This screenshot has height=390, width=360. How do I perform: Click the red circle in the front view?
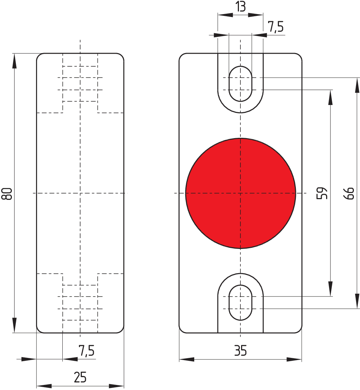pos(240,193)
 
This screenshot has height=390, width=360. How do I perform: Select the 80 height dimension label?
pos(7,193)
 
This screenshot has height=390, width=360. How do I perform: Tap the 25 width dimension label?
pos(80,377)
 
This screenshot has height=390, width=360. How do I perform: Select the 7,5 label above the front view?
pos(276,27)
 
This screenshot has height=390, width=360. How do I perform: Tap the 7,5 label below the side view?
pos(86,350)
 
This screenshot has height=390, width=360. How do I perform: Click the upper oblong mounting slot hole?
pos(240,84)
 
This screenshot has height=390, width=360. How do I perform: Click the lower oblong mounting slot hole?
pos(240,302)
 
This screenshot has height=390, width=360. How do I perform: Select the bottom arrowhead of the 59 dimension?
pos(330,289)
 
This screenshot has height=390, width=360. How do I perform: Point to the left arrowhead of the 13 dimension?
pos(225,15)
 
